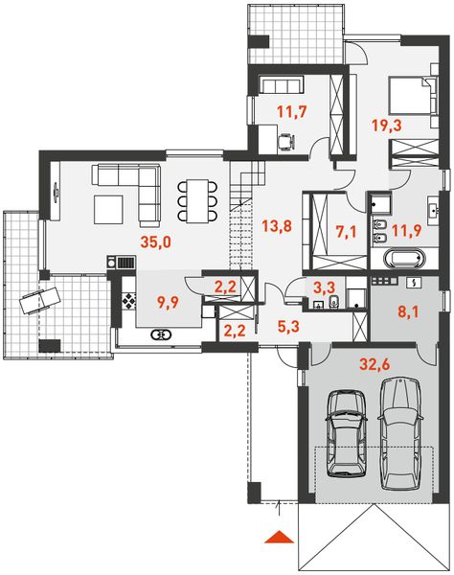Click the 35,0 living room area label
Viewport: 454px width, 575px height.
(155, 243)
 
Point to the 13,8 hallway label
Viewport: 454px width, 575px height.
(276, 226)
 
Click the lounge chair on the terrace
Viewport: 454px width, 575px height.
(36, 299)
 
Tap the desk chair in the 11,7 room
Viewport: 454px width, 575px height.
(284, 143)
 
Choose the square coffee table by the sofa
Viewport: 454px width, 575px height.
(107, 207)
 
